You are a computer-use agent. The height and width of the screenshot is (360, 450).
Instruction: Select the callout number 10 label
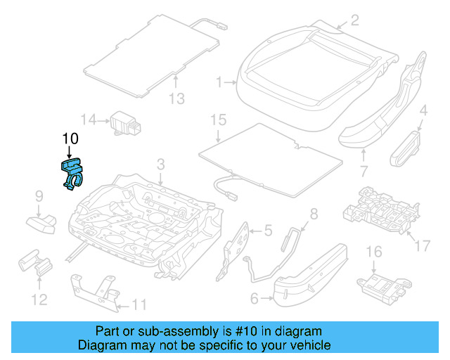70,139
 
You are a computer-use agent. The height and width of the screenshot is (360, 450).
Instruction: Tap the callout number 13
177,99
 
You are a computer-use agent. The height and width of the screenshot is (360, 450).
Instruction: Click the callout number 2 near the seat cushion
354,20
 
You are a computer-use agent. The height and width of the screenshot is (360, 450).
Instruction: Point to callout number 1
220,82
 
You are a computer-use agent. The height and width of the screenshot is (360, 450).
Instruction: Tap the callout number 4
423,110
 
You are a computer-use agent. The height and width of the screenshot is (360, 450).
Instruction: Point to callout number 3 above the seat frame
160,165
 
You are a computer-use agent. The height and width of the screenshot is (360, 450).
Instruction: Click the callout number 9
39,195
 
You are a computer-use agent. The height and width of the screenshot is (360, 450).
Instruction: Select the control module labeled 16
380,285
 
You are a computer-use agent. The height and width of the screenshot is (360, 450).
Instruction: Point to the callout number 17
420,245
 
